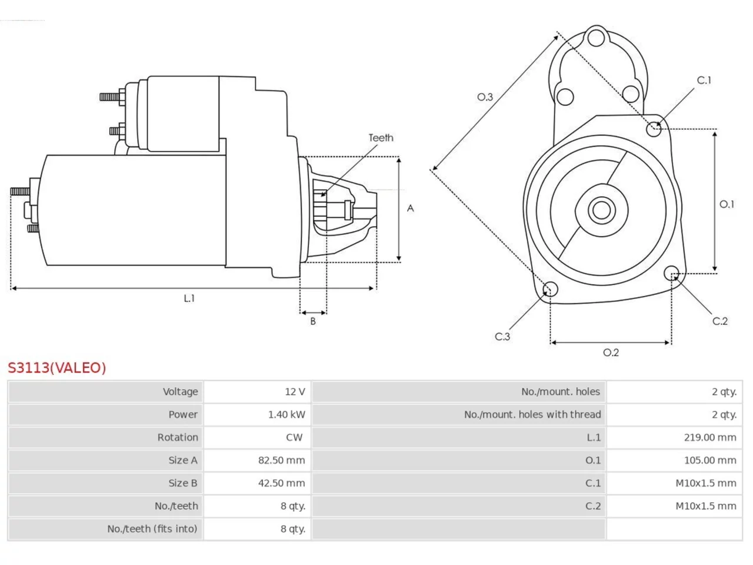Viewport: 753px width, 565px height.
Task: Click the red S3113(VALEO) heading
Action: [x=57, y=368]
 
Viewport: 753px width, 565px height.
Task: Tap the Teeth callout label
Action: [x=381, y=138]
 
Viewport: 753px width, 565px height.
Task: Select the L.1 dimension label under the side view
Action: [x=189, y=298]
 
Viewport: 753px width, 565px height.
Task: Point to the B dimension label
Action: [x=313, y=321]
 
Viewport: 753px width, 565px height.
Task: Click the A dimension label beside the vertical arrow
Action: [x=410, y=208]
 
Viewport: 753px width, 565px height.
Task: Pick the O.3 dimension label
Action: [x=485, y=97]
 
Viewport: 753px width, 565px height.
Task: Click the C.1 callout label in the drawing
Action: [x=704, y=80]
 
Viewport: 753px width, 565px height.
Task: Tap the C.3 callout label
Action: [x=502, y=337]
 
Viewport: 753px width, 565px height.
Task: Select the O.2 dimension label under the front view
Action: [x=611, y=353]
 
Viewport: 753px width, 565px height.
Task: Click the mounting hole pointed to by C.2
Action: [x=671, y=274]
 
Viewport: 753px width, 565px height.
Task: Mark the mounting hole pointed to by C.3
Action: [x=550, y=289]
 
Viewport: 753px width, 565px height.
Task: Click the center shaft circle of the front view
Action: [x=601, y=210]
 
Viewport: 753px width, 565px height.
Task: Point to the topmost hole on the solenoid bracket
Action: [x=597, y=38]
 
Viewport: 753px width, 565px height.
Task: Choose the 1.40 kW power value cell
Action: [x=287, y=414]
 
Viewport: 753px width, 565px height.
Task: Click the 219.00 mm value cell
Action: [x=710, y=437]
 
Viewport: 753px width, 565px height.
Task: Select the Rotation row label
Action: [x=178, y=437]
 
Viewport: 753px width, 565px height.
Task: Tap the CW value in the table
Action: [x=294, y=437]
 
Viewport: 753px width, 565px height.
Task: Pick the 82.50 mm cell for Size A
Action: [x=282, y=460]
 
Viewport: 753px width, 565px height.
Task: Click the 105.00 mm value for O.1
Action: [x=710, y=460]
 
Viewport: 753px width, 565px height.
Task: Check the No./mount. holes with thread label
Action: [x=532, y=414]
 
